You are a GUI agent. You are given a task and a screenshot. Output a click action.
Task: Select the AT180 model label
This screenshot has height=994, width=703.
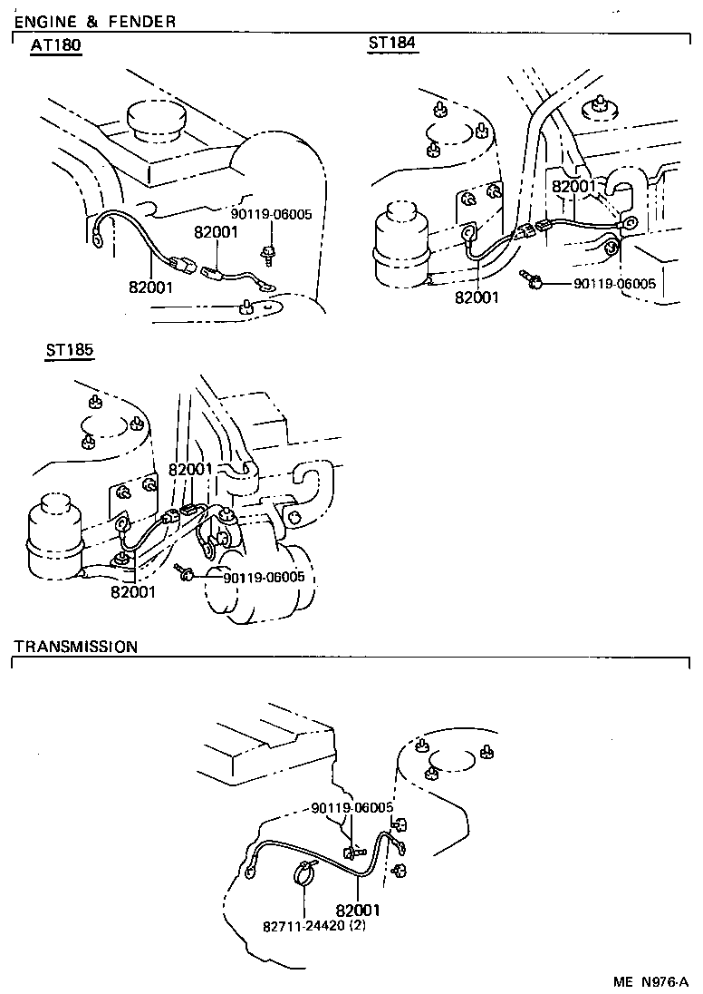[x=56, y=46]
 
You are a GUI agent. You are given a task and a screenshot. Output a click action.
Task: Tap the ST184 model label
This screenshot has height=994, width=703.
[x=392, y=44]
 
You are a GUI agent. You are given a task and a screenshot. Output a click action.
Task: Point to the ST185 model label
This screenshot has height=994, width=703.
[x=70, y=350]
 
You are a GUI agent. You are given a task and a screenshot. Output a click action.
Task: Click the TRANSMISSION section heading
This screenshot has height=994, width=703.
[x=76, y=647]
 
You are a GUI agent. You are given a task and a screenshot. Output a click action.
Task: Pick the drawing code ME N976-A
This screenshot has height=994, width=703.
[x=650, y=981]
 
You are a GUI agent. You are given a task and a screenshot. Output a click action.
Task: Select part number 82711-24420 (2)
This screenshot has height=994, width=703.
[x=313, y=926]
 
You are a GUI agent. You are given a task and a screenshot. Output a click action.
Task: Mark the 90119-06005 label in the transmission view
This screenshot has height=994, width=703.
[x=351, y=807]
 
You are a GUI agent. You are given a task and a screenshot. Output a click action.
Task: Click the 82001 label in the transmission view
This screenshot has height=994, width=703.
[x=357, y=910]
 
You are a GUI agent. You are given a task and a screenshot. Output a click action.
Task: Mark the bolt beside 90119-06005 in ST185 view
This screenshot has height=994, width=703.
[x=185, y=570]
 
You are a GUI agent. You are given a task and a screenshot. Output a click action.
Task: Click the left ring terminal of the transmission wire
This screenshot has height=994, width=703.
[x=251, y=873]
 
